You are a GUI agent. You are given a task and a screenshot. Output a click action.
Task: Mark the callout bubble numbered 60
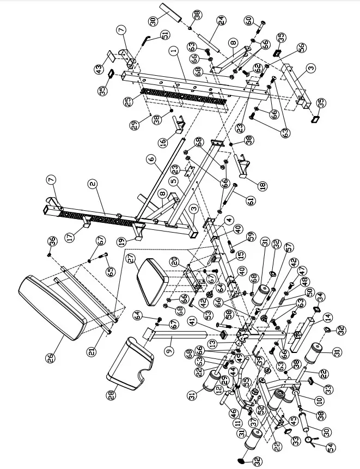pyautogui.click(x=249, y=21)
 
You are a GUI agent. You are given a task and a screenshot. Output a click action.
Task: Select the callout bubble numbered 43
pyautogui.click(x=99, y=71)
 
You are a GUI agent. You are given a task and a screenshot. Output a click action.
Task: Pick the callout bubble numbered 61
pyautogui.click(x=250, y=201)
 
